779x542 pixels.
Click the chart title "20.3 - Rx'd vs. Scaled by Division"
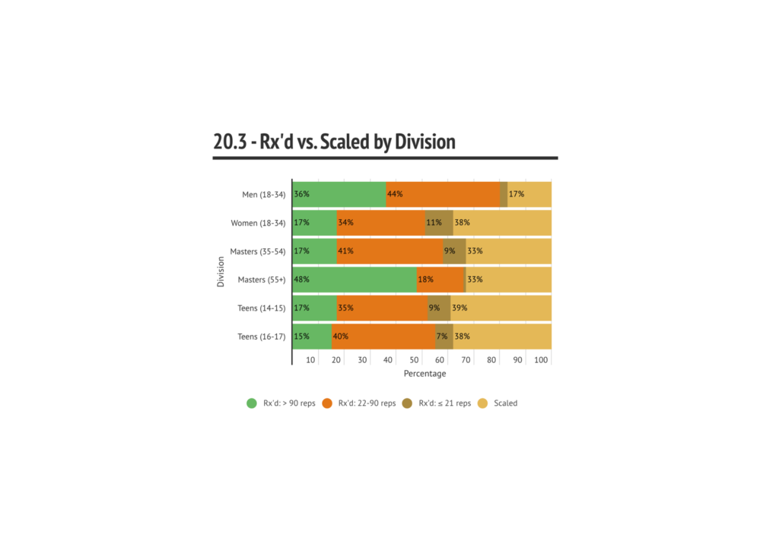(335, 142)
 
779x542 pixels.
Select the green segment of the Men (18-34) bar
(339, 194)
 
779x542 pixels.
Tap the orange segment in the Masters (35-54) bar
(390, 250)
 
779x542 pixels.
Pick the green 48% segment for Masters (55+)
(355, 279)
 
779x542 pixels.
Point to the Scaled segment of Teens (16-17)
(502, 336)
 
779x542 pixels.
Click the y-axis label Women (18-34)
(258, 223)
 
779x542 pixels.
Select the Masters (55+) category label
(261, 279)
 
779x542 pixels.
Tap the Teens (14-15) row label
(261, 308)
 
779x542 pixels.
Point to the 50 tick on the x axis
(415, 359)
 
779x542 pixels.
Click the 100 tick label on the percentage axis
(542, 359)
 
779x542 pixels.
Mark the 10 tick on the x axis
(311, 359)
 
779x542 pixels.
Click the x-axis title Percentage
(424, 374)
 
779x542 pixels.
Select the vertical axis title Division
(221, 272)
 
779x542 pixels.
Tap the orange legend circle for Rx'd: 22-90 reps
(328, 403)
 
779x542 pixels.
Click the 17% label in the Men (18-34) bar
(517, 194)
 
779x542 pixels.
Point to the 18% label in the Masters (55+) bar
(425, 279)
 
